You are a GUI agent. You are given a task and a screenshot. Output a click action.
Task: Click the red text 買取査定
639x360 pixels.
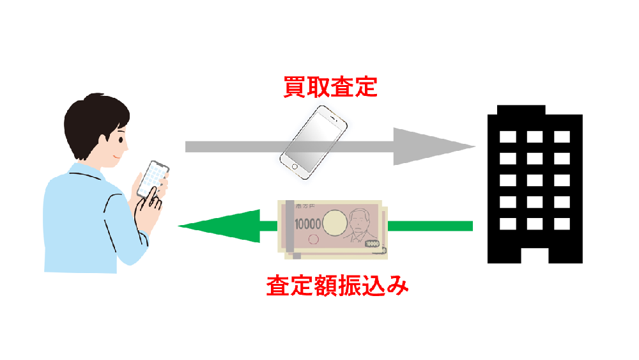pyautogui.click(x=330, y=87)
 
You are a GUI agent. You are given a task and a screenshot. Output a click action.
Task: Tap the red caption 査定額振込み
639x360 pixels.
pyautogui.click(x=337, y=286)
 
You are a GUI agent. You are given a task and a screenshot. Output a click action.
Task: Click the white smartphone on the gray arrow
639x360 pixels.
pyautogui.click(x=313, y=143)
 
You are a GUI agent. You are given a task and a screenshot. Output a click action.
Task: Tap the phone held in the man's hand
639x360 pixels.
pyautogui.click(x=153, y=180)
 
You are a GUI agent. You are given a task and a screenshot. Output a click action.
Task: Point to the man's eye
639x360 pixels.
pyautogui.click(x=121, y=140)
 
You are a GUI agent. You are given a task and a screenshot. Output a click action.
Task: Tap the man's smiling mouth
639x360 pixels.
pyautogui.click(x=118, y=157)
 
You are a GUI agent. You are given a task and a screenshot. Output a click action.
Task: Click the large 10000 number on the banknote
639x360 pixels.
pyautogui.click(x=308, y=224)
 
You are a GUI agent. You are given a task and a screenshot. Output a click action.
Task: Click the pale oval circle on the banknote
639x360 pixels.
pyautogui.click(x=335, y=223)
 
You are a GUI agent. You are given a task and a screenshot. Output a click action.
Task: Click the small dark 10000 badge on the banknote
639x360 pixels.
pyautogui.click(x=372, y=244)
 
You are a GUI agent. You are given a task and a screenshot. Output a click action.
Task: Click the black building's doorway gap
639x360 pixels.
pyautogui.click(x=535, y=256)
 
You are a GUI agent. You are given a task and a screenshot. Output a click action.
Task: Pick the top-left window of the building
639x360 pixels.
pyautogui.click(x=508, y=137)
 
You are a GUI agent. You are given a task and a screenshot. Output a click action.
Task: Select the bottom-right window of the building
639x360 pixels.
pyautogui.click(x=562, y=224)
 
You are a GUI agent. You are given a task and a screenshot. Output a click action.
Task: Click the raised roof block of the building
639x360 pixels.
pyautogui.click(x=521, y=110)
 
